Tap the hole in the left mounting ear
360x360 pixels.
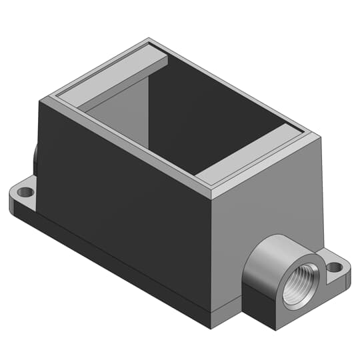click(25, 192)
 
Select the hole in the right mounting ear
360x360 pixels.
click(335, 267)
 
